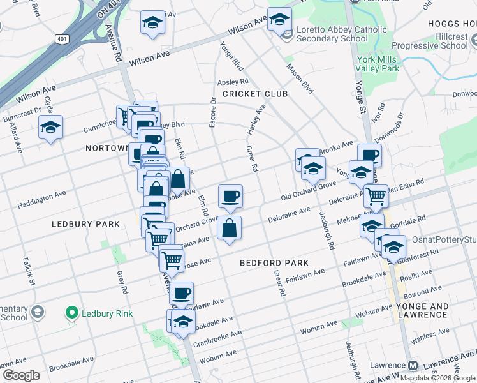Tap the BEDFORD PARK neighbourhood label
coord(274,263)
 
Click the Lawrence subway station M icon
coord(413,366)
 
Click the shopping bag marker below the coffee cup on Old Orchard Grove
coord(229,228)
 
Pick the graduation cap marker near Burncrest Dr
coord(50,127)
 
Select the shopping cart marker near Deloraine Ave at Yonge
coord(376,196)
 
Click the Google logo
coord(21,375)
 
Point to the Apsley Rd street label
coord(232,82)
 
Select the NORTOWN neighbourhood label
coord(107,148)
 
